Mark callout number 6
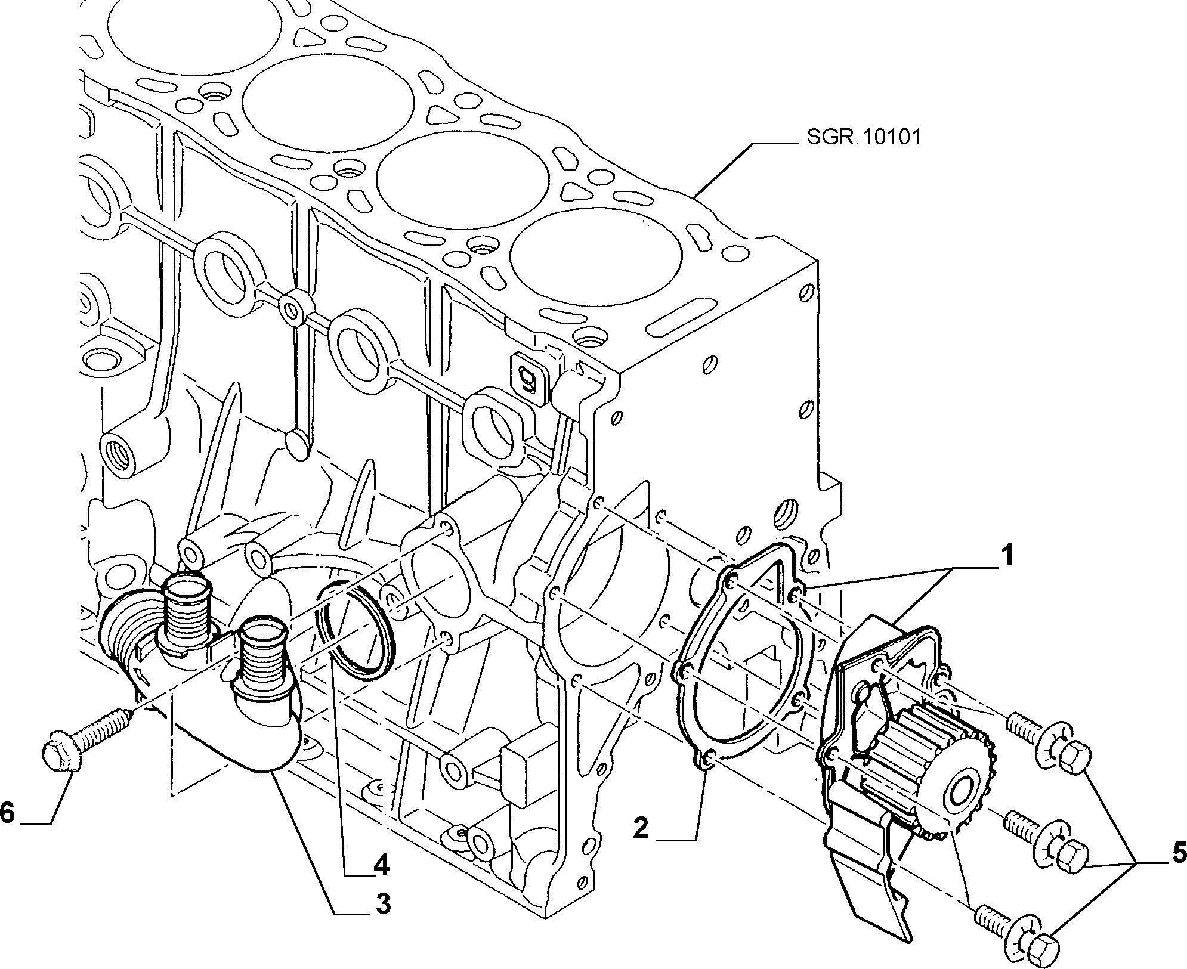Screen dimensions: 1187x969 coord(7,812)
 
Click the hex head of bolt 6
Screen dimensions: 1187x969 coord(58,756)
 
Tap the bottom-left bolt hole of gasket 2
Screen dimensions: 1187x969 coord(708,759)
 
